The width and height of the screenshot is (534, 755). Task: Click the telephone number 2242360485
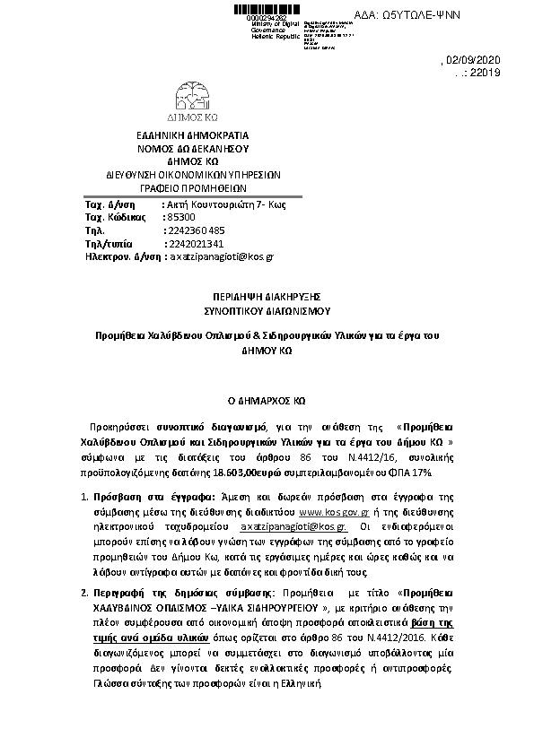(197, 230)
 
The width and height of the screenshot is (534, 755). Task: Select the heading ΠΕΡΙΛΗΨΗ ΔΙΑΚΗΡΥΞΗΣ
(267, 295)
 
